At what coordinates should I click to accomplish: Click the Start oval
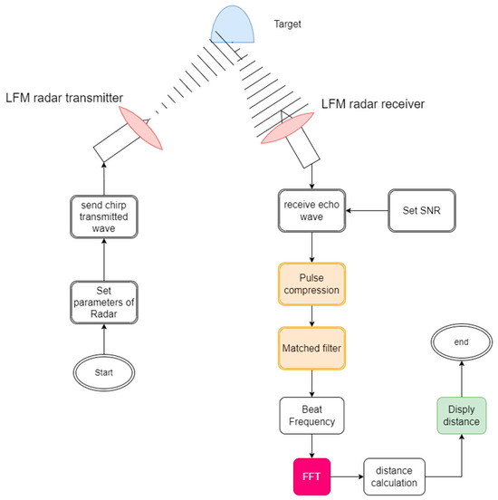103,371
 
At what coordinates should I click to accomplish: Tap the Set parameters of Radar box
103,302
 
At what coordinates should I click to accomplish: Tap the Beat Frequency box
311,416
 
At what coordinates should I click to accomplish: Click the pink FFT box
311,475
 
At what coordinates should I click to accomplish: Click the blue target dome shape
237,24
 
